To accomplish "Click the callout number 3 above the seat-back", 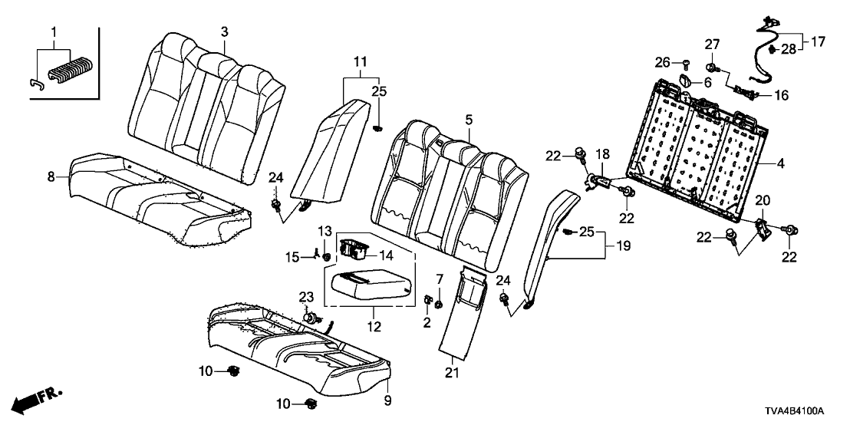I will click(x=224, y=31).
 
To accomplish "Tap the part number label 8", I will click(x=51, y=176).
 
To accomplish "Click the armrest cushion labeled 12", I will click(x=370, y=288).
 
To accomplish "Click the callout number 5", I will click(x=468, y=120).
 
